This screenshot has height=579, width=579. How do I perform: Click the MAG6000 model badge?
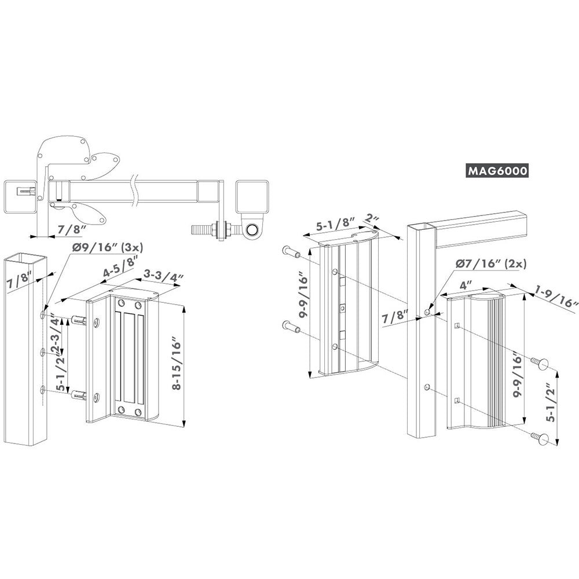click(497, 171)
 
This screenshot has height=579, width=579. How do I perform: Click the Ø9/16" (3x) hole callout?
click(108, 247)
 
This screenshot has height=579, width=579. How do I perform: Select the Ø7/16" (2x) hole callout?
click(491, 263)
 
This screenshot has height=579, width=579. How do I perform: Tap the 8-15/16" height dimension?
click(177, 365)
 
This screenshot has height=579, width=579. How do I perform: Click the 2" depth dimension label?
click(371, 219)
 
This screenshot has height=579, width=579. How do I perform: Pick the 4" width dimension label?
click(466, 285)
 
